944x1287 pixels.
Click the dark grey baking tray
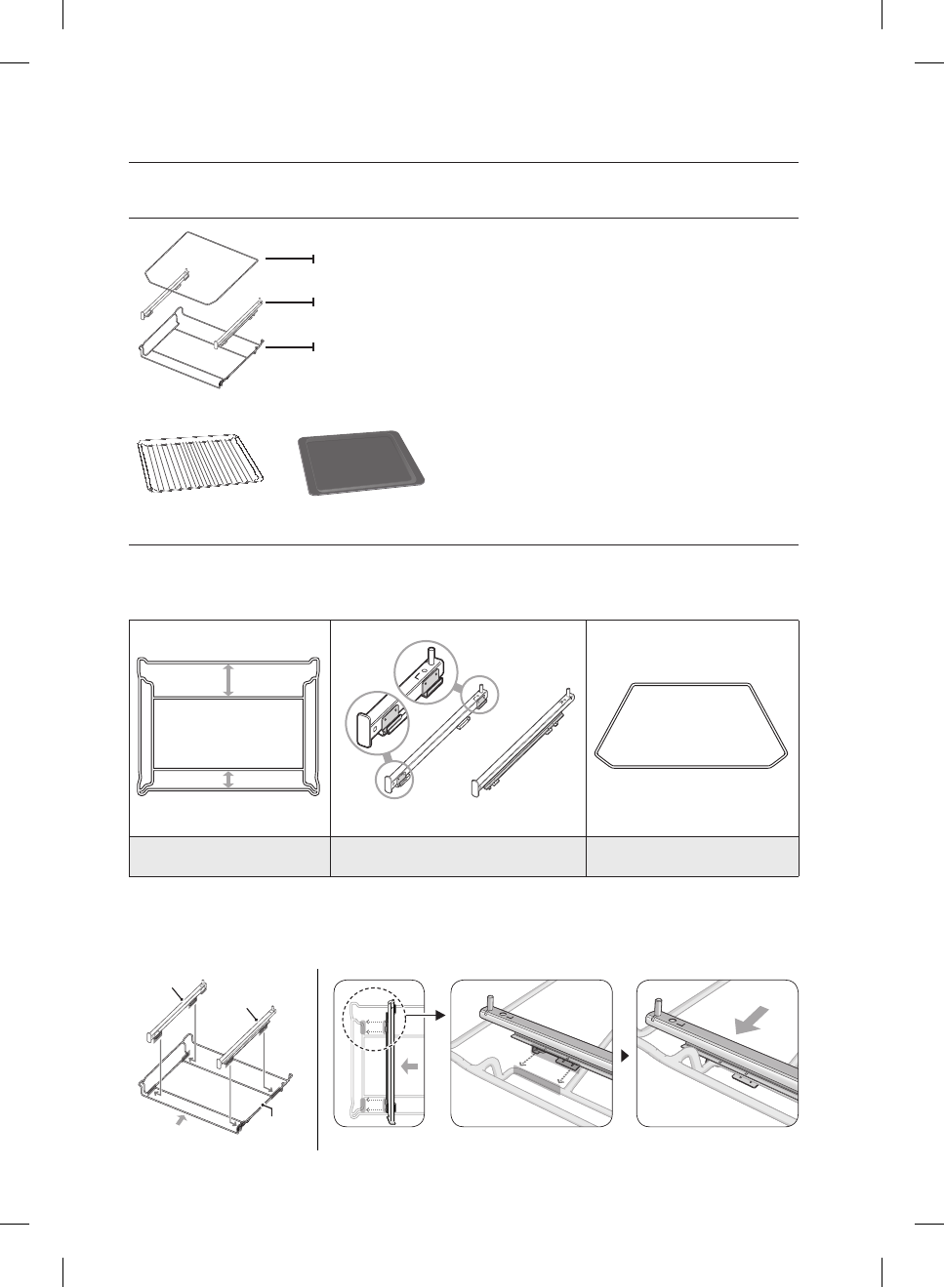[361, 463]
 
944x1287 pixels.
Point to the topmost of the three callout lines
[290, 259]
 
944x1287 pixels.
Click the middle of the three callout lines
[290, 302]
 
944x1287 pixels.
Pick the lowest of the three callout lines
[290, 346]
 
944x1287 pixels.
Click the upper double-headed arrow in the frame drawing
[228, 679]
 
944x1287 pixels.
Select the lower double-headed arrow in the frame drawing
[228, 779]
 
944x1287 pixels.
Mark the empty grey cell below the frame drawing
[229, 856]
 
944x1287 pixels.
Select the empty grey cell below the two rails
[458, 856]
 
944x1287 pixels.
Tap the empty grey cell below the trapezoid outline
[692, 856]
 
